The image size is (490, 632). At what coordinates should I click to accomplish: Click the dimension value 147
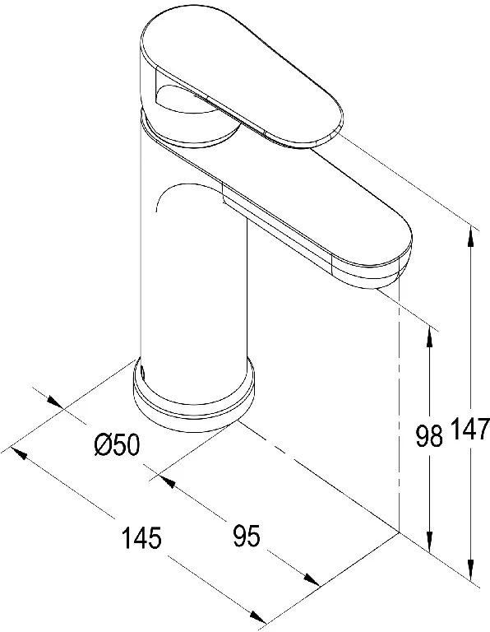(x=470, y=429)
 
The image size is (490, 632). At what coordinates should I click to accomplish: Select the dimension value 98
(x=429, y=435)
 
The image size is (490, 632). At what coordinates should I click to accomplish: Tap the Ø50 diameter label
(x=118, y=445)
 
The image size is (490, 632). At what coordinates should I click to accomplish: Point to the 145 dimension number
(x=141, y=537)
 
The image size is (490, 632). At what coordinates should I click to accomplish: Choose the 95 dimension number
(x=247, y=536)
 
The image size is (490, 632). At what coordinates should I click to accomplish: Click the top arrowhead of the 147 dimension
(x=470, y=237)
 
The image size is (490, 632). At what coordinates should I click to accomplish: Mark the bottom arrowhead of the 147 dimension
(x=470, y=569)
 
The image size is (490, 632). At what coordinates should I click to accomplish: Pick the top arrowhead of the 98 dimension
(x=430, y=336)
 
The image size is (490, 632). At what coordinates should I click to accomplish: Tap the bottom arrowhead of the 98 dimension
(x=430, y=541)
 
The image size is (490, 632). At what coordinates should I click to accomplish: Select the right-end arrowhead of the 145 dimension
(x=258, y=616)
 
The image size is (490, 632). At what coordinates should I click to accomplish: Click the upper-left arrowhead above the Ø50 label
(x=55, y=402)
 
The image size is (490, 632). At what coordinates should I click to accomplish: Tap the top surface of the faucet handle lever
(x=242, y=77)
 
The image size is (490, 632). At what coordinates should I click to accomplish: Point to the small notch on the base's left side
(x=142, y=372)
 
